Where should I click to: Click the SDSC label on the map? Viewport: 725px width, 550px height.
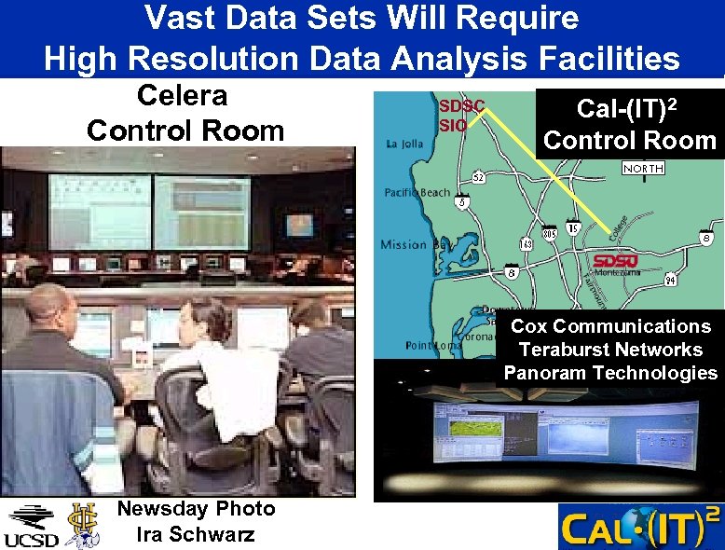462,106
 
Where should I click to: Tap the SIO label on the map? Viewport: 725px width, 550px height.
453,125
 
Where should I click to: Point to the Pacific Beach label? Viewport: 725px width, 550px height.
417,192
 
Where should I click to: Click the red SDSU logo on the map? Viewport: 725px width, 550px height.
615,260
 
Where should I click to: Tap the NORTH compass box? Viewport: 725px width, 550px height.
644,169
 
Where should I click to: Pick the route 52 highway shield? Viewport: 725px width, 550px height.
478,176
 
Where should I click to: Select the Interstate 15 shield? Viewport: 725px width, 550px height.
573,228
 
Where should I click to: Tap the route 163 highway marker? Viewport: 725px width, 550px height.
527,244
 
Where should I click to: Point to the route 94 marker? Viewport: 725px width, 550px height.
670,280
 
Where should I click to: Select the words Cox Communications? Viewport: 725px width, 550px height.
610,326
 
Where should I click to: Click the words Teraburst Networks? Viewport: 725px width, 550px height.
610,350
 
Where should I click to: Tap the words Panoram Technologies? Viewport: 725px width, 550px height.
610,373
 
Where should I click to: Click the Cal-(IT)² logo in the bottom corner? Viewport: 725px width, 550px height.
639,528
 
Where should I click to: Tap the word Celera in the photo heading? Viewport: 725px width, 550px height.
183,96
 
